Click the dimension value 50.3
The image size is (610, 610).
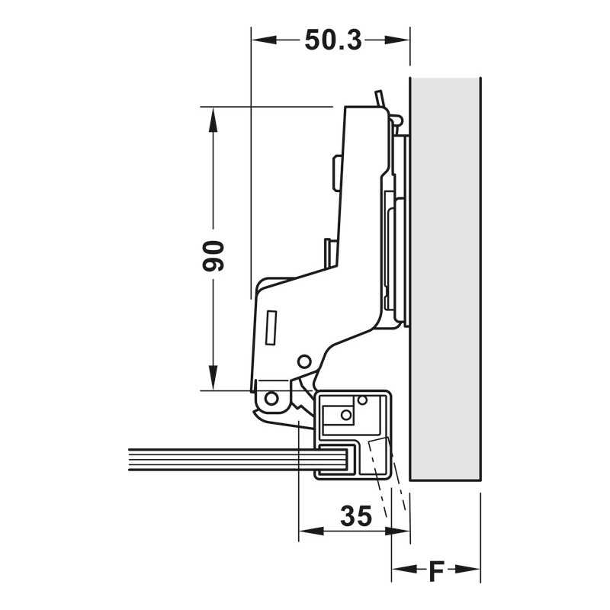click(x=333, y=40)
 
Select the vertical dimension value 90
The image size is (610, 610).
click(x=213, y=255)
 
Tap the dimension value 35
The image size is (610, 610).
click(x=356, y=516)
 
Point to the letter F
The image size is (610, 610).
click(x=435, y=570)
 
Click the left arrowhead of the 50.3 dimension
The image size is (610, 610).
click(x=264, y=40)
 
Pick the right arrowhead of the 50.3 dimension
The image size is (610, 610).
click(x=397, y=40)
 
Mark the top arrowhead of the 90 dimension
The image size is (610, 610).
click(x=213, y=120)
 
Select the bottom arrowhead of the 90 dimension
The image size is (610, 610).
click(x=213, y=377)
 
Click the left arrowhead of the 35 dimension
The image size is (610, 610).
click(x=311, y=531)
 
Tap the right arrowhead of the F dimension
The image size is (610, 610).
click(x=467, y=569)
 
